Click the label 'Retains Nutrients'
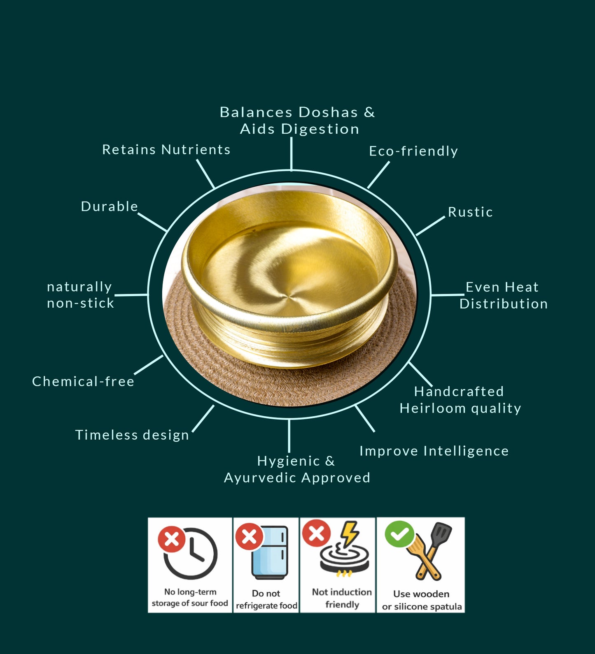pos(166,150)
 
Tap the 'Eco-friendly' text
pos(413,151)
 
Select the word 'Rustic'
pos(470,212)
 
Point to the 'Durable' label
pos(109,206)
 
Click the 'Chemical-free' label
pos(83,382)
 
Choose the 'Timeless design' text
pos(132,435)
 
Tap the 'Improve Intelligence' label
pos(434,451)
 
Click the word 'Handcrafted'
pos(459,392)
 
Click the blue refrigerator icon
pos(270,553)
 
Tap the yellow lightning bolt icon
pos(350,533)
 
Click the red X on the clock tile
pos(172,539)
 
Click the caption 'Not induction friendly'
pos(342,598)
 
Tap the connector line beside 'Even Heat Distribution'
pos(448,295)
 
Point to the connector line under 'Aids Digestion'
pos(291,153)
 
